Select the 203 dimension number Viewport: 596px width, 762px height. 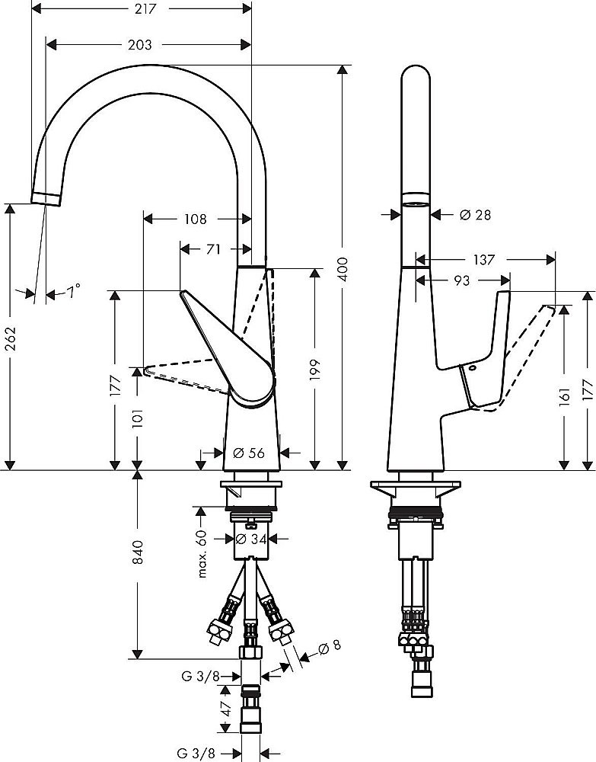(140, 45)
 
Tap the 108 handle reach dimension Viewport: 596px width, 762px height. (195, 219)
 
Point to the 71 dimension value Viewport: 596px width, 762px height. (215, 249)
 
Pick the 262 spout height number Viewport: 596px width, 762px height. (10, 336)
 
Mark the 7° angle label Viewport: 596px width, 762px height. (72, 290)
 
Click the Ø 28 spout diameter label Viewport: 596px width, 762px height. (475, 216)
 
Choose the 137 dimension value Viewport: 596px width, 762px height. (482, 260)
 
